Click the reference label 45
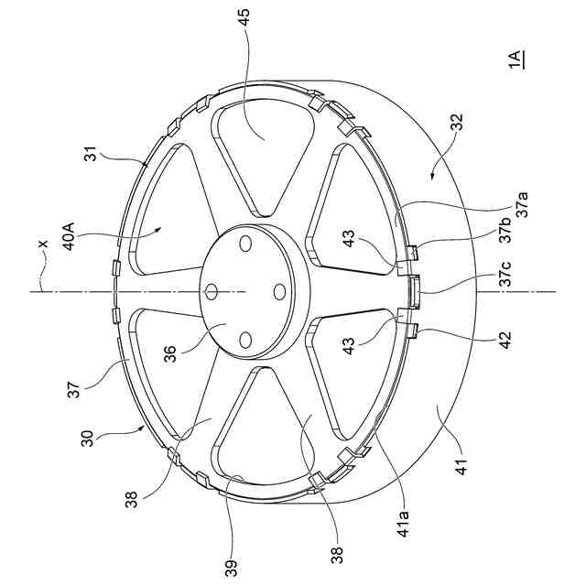pyautogui.click(x=244, y=17)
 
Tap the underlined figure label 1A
pyautogui.click(x=516, y=60)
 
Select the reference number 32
pyautogui.click(x=457, y=122)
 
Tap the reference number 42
pyautogui.click(x=505, y=341)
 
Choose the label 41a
pyautogui.click(x=404, y=524)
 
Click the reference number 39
pyautogui.click(x=232, y=569)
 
